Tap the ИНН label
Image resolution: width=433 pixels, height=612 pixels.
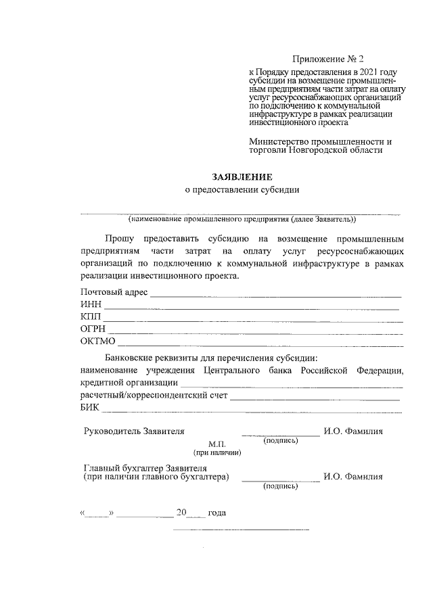90,305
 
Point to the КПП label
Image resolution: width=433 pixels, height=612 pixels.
91,316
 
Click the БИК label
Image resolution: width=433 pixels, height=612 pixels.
89,407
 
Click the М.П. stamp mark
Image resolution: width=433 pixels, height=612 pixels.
216,444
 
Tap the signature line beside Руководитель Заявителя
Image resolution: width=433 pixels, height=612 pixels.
280,434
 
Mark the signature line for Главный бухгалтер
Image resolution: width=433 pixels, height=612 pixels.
280,479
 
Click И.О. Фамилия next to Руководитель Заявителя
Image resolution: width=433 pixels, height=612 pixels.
353,431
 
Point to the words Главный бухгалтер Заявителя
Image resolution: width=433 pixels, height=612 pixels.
145,467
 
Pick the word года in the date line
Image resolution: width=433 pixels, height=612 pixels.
216,513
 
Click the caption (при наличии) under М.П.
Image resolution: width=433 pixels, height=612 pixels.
216,452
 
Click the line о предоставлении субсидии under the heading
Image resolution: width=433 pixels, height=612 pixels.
242,190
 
